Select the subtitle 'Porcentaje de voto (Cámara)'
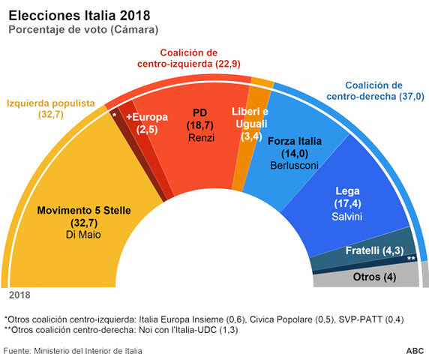[x=82, y=29]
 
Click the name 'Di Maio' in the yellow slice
[x=84, y=236]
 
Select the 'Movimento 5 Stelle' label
[x=84, y=211]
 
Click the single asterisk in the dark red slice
[x=114, y=116]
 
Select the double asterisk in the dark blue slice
[x=410, y=258]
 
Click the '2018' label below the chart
[x=19, y=295]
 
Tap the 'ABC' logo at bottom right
[x=414, y=351]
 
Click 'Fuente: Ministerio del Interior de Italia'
[x=73, y=351]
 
